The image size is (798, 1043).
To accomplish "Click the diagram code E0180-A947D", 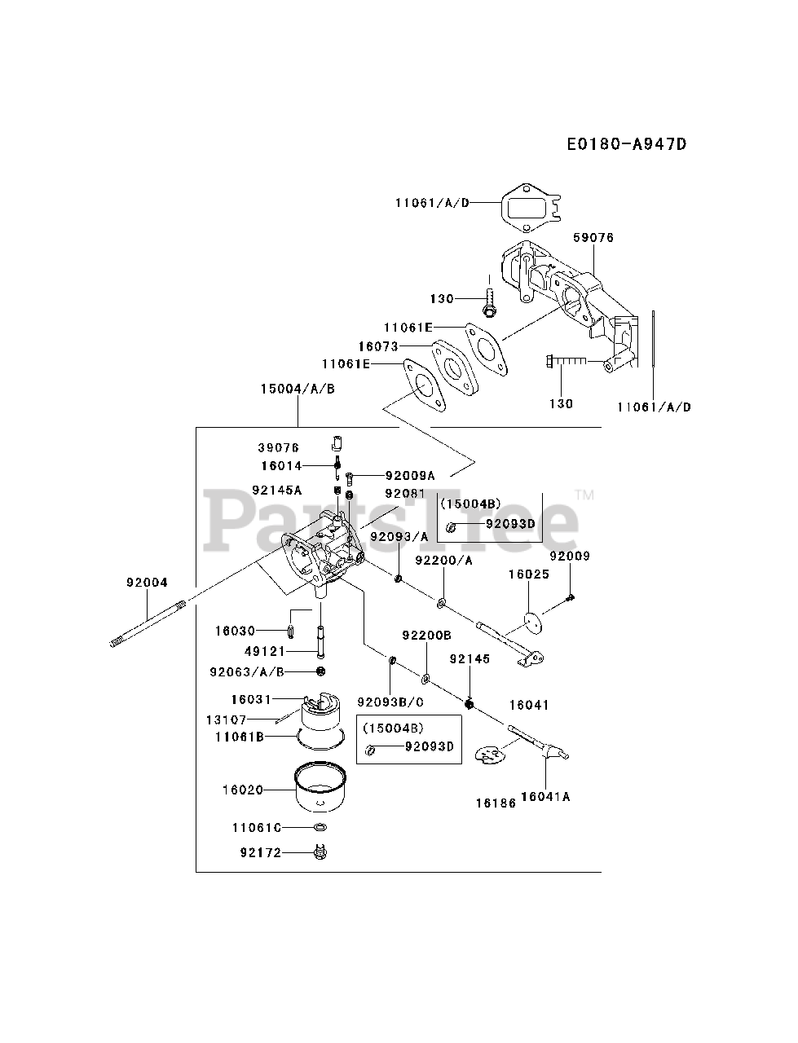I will point(627,144).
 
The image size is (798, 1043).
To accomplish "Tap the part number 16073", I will point(378,346).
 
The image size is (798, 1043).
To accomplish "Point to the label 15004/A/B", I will point(298,389).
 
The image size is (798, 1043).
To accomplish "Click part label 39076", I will point(280,448).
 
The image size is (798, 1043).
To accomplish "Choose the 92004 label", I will point(147,583).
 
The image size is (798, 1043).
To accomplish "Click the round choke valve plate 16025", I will point(534,622).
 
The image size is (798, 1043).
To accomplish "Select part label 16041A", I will point(544,797).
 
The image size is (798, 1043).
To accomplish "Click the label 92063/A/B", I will point(247,671).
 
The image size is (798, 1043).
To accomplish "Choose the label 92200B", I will point(426,635).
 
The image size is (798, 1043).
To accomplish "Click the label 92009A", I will point(410,475).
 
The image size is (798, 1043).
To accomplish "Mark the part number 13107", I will point(226,720).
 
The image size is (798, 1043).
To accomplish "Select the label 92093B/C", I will point(390,702).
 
